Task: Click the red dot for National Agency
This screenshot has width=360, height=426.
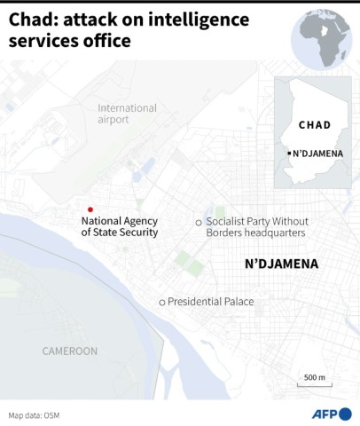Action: [x=90, y=209]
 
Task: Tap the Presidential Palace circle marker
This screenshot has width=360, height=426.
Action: [x=161, y=303]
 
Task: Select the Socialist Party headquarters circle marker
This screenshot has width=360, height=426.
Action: [x=199, y=221]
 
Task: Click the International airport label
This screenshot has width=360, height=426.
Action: [x=127, y=114]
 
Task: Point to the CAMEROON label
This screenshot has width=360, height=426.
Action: [x=69, y=351]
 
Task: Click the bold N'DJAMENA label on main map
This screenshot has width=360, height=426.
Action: [x=280, y=264]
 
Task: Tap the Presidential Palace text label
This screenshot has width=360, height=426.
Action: [x=211, y=303]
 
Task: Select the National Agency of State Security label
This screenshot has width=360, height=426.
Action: [x=120, y=227]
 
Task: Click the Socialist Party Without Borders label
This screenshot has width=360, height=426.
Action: [x=255, y=226]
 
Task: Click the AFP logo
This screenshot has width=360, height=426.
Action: [x=332, y=414]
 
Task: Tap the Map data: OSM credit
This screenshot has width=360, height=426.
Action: [x=35, y=414]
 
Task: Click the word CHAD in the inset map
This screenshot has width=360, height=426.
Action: [x=315, y=125]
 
